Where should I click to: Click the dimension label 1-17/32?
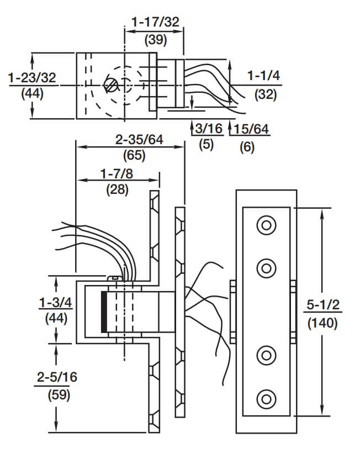click(155, 22)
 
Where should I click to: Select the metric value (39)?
click(155, 40)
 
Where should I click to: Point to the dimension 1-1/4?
click(264, 76)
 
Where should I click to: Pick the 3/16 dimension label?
click(208, 129)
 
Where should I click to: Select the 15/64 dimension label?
click(251, 129)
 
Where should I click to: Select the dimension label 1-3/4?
click(53, 302)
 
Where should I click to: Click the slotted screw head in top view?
click(112, 86)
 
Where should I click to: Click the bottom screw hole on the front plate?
click(267, 397)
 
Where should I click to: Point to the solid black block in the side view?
click(103, 312)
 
